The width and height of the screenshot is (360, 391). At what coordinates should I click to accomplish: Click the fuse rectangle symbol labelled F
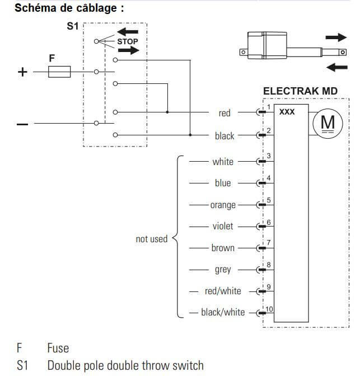point(60,72)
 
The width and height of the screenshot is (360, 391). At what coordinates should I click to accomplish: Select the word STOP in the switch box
point(128,41)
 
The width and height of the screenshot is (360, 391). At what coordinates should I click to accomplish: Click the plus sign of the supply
point(23,72)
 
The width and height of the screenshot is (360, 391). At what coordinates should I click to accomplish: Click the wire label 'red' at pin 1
point(225,113)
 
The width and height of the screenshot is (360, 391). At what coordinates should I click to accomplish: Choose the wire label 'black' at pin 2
point(225,136)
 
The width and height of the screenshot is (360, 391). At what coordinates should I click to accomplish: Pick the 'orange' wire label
point(223,205)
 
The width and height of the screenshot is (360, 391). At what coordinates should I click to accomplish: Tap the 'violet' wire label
point(223,227)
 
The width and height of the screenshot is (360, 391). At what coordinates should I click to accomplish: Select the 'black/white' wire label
point(223,312)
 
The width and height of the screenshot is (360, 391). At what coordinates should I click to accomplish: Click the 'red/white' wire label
point(223,291)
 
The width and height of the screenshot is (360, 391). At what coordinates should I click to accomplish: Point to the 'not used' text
point(152,239)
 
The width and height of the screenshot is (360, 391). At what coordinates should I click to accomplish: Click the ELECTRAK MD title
point(300,91)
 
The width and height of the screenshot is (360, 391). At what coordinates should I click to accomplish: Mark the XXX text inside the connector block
point(287,112)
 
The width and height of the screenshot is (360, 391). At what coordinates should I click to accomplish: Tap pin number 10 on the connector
point(269,309)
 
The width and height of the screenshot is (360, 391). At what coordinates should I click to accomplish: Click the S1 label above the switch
point(73,26)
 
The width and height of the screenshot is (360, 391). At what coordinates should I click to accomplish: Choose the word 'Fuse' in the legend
point(58,348)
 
